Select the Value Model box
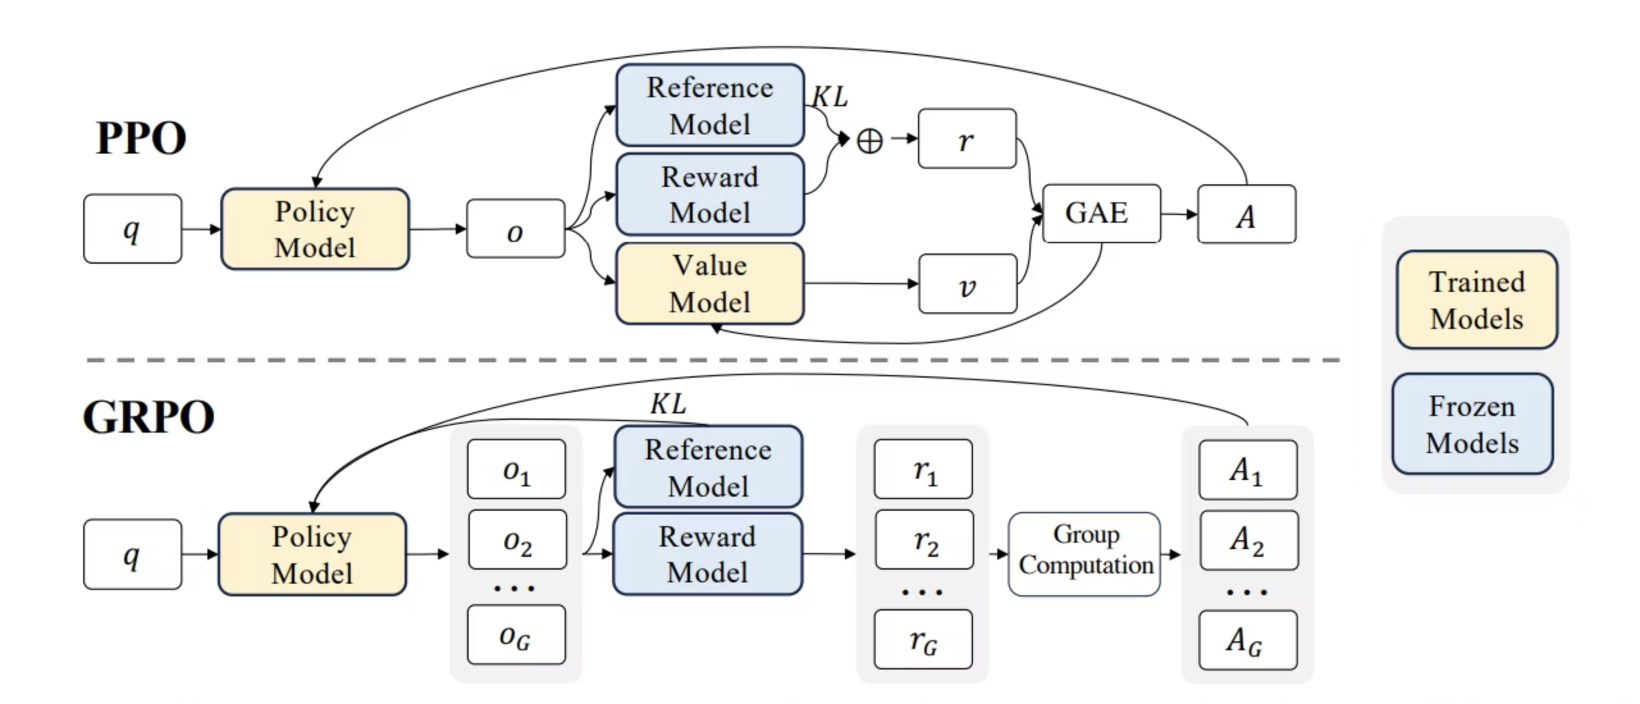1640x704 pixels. point(709,284)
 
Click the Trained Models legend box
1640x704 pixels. point(1476,300)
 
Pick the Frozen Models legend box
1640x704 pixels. point(1472,424)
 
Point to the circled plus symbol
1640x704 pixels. point(869,140)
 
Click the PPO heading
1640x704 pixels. point(141,138)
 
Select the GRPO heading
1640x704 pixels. point(149,417)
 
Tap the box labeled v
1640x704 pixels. point(967,284)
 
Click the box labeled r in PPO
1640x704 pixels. point(967,139)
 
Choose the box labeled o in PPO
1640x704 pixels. point(515,229)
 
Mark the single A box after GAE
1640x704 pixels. point(1246,214)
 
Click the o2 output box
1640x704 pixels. point(517,540)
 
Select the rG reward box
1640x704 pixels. point(923,639)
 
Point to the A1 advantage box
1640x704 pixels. point(1248,470)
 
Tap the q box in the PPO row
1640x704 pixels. point(133,229)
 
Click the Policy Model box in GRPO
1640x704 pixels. point(312,554)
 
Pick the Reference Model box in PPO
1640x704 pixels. point(709,106)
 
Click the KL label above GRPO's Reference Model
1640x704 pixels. point(668,404)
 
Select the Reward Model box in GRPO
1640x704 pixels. point(707,554)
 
